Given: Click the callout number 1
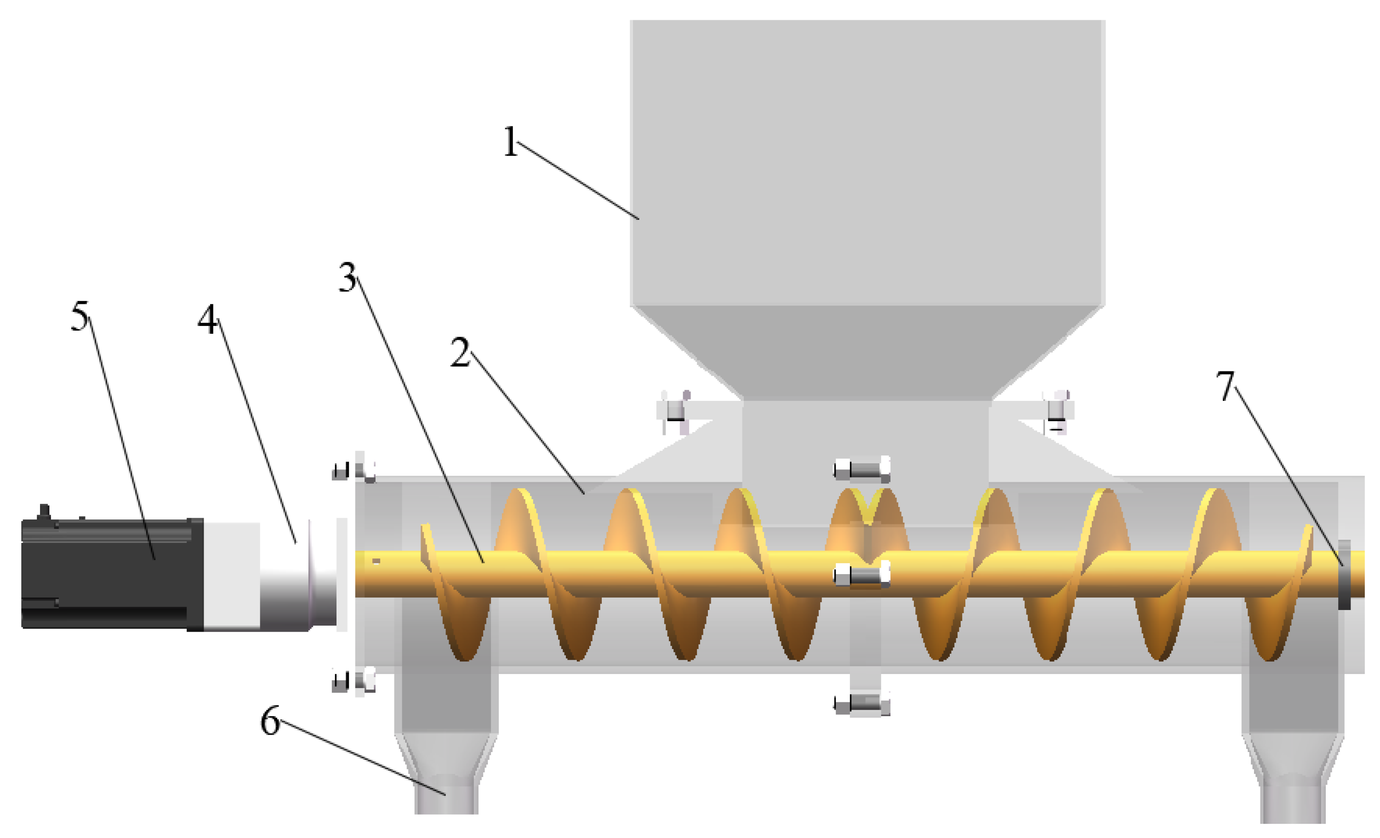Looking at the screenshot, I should pos(510,142).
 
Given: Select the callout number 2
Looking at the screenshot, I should pos(460,353).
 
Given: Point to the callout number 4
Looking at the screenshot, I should pos(207,320).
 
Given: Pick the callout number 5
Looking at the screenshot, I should pos(80,316).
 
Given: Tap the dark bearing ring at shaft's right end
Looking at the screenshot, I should pos(1344,575).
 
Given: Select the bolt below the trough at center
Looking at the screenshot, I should pos(861,704).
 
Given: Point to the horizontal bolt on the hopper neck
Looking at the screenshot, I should pos(861,469).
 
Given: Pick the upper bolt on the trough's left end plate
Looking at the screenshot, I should pos(354,469).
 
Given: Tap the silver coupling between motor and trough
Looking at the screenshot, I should pos(297,577).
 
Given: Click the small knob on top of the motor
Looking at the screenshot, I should pos(44,510).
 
